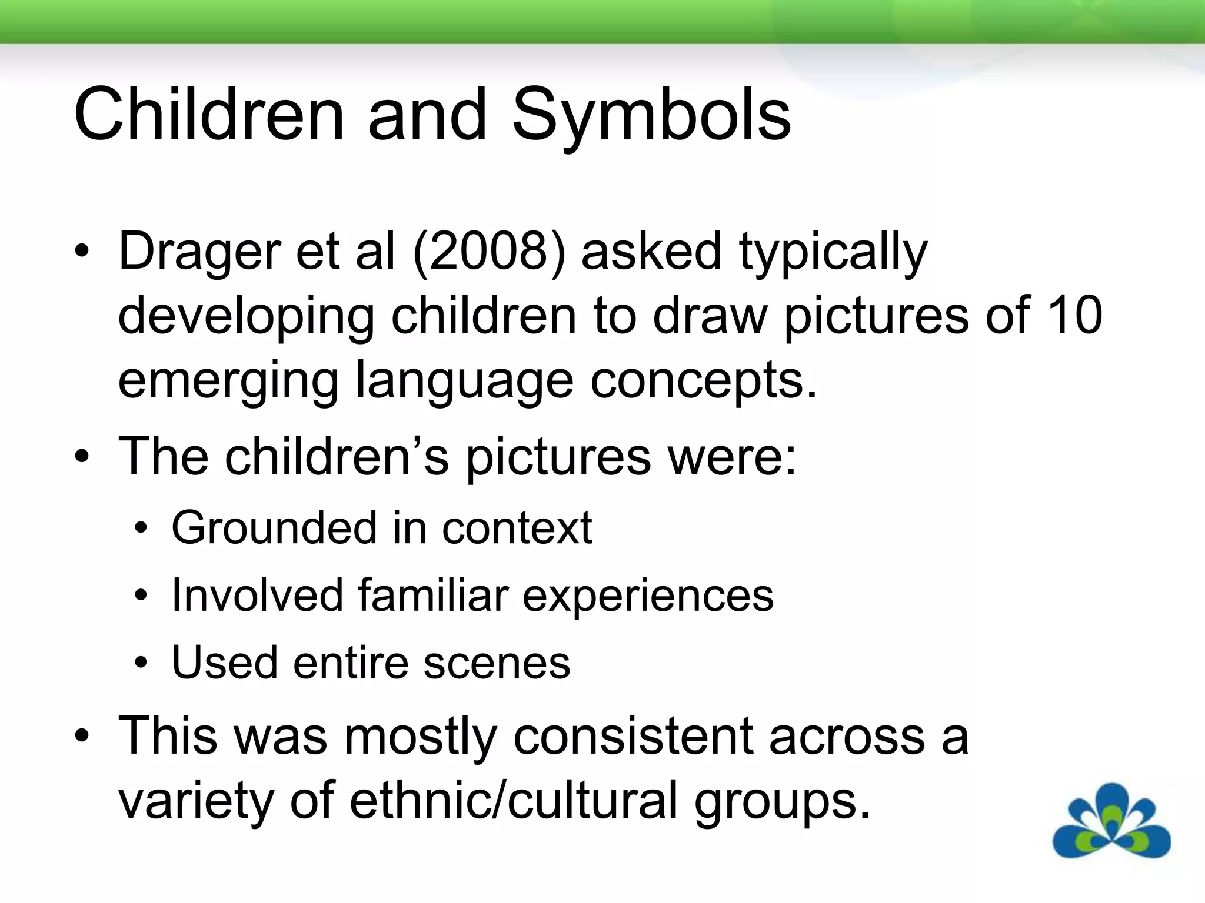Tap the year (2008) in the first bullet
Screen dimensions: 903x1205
tap(489, 252)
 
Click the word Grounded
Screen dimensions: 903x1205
tap(272, 527)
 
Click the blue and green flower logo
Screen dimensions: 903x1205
tap(1111, 821)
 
